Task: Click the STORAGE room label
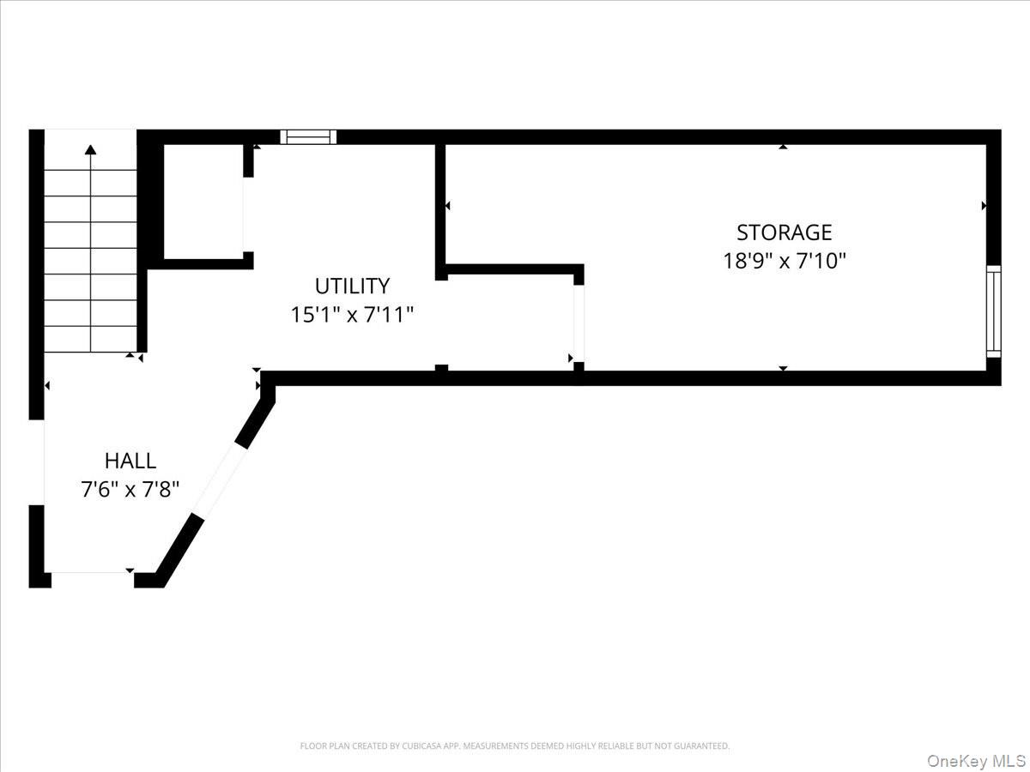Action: (x=785, y=232)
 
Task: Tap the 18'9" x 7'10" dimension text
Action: (x=785, y=261)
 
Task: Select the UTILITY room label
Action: (x=352, y=286)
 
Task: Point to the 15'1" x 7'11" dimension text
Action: (x=352, y=315)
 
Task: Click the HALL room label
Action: (x=130, y=461)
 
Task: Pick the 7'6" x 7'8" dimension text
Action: (x=130, y=490)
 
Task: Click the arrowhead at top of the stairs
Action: (x=91, y=149)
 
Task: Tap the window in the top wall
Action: (x=308, y=137)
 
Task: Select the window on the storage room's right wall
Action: (x=993, y=311)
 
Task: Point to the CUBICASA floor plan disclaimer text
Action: (x=515, y=745)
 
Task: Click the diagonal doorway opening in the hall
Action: (x=220, y=481)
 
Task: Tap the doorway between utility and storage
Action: (x=579, y=323)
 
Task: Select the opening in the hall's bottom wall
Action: (x=93, y=572)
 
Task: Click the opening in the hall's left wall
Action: (x=37, y=462)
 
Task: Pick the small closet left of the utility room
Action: (x=203, y=201)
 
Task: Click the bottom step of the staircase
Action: (x=91, y=339)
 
